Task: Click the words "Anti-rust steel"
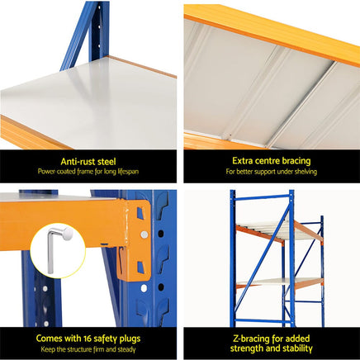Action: point(88,162)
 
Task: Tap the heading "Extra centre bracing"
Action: point(272,162)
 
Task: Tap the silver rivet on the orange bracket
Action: point(144,234)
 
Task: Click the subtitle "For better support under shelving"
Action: point(272,173)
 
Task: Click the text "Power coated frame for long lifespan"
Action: point(88,173)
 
